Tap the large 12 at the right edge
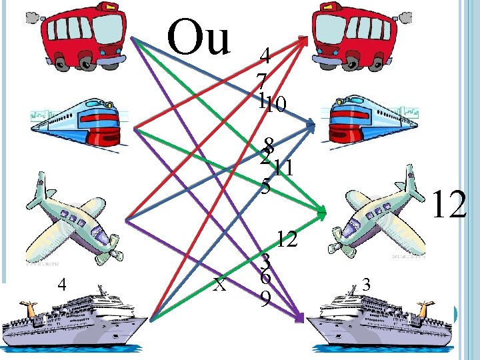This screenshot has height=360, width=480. [449, 205]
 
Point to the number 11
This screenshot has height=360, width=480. [285, 168]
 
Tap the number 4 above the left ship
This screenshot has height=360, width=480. [61, 285]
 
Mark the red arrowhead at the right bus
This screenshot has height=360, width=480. [306, 39]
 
